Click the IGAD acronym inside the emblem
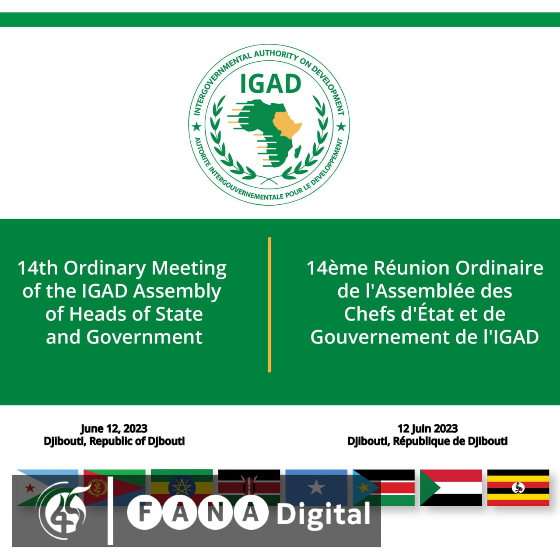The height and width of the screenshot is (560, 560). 270,84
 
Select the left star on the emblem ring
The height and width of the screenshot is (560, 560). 197,127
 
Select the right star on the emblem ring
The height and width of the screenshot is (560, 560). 341,127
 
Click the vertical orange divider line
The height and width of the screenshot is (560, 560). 269,304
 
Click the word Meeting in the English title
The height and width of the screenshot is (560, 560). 189,268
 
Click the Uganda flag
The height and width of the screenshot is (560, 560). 518,488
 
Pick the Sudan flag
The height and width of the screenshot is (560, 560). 451,488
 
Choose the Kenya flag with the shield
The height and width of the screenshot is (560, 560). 249,488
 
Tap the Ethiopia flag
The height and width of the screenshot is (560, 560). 182,488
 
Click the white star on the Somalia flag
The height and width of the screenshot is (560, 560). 316,487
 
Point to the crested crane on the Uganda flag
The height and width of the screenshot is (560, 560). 518,488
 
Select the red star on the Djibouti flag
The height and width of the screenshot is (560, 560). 30,488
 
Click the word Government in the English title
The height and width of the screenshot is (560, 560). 144,337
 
